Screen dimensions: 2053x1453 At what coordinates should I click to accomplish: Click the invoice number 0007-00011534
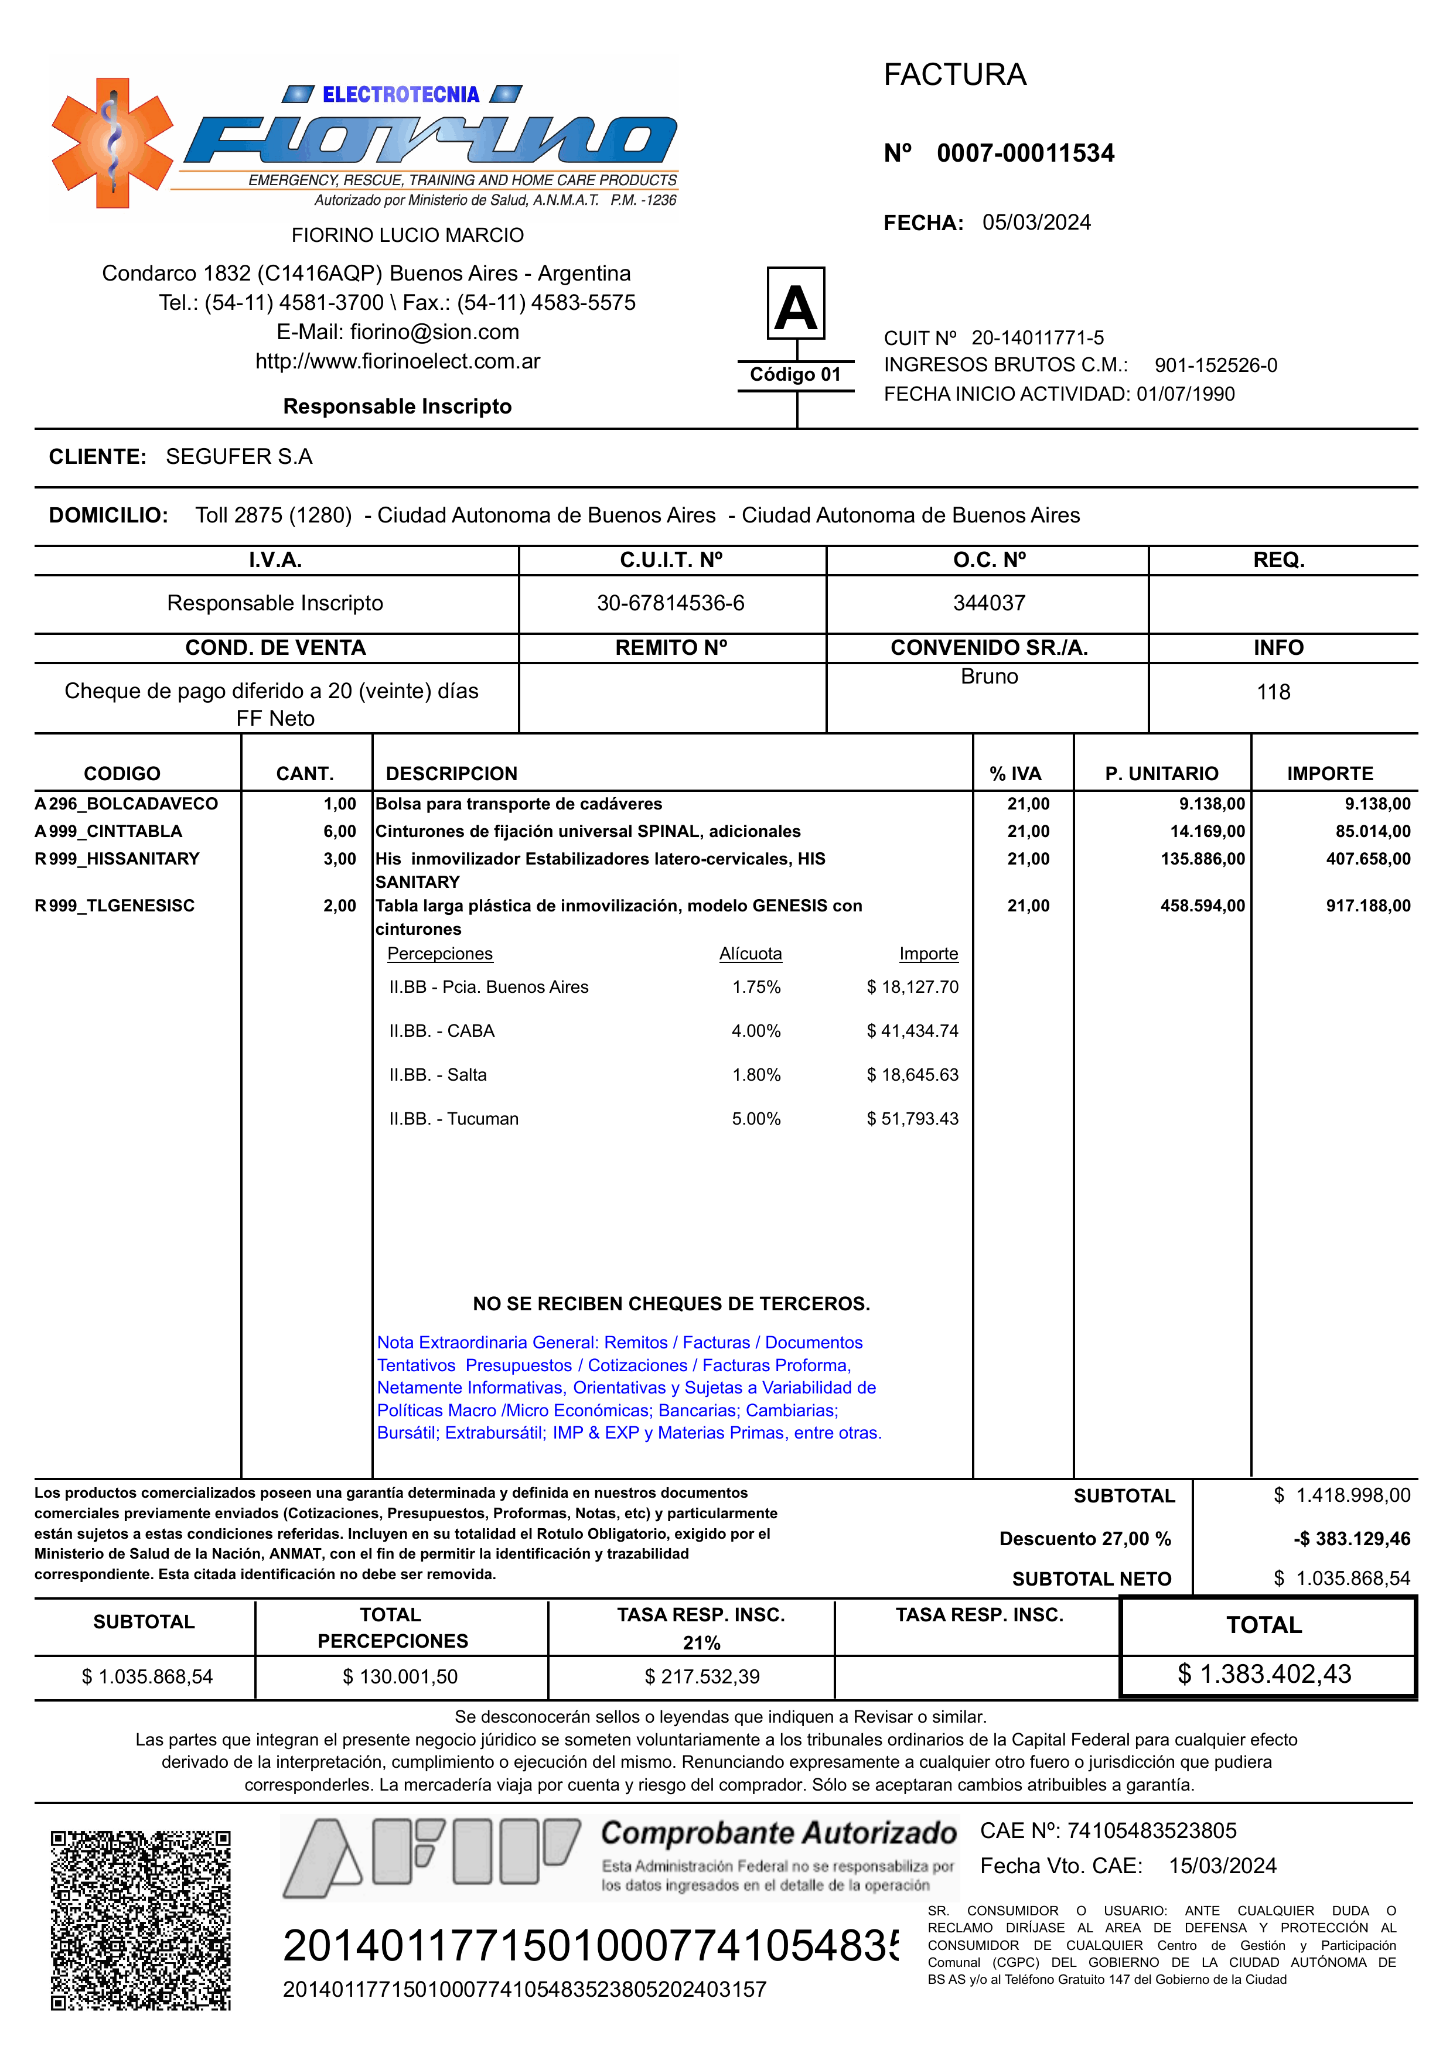pyautogui.click(x=1025, y=153)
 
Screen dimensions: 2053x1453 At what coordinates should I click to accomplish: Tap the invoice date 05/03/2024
pyautogui.click(x=1036, y=222)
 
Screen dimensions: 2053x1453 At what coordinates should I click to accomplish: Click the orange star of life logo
pyautogui.click(x=112, y=143)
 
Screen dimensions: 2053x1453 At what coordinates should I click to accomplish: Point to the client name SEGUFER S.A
pyautogui.click(x=239, y=457)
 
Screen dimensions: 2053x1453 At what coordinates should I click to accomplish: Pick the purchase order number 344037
pyautogui.click(x=988, y=603)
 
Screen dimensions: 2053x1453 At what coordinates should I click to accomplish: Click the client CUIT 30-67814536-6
pyautogui.click(x=670, y=603)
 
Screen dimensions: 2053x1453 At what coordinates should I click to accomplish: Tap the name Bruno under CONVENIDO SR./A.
pyautogui.click(x=988, y=677)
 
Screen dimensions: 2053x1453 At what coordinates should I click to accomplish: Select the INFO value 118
pyautogui.click(x=1273, y=692)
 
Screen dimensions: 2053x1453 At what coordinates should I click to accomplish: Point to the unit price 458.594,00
pyautogui.click(x=1202, y=906)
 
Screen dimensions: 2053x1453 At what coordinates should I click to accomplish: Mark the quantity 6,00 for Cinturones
pyautogui.click(x=339, y=831)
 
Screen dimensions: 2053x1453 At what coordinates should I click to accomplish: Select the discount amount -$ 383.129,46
pyautogui.click(x=1351, y=1539)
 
